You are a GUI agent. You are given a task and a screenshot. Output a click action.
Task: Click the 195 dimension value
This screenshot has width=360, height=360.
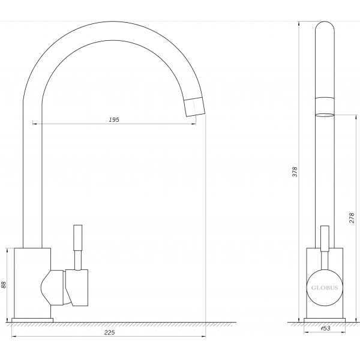[114, 119]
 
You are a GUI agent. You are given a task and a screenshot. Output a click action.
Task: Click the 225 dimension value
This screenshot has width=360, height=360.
[109, 332]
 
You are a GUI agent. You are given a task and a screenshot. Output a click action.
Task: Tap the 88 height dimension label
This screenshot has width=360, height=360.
[4, 284]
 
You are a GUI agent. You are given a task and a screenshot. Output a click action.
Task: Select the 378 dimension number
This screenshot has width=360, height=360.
[295, 172]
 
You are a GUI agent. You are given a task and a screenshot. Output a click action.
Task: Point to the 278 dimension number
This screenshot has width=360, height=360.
[352, 218]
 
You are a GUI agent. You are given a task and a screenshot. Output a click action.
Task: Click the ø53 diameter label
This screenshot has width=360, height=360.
[325, 328]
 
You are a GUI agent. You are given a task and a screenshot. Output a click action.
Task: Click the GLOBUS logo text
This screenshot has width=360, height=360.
[325, 288]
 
